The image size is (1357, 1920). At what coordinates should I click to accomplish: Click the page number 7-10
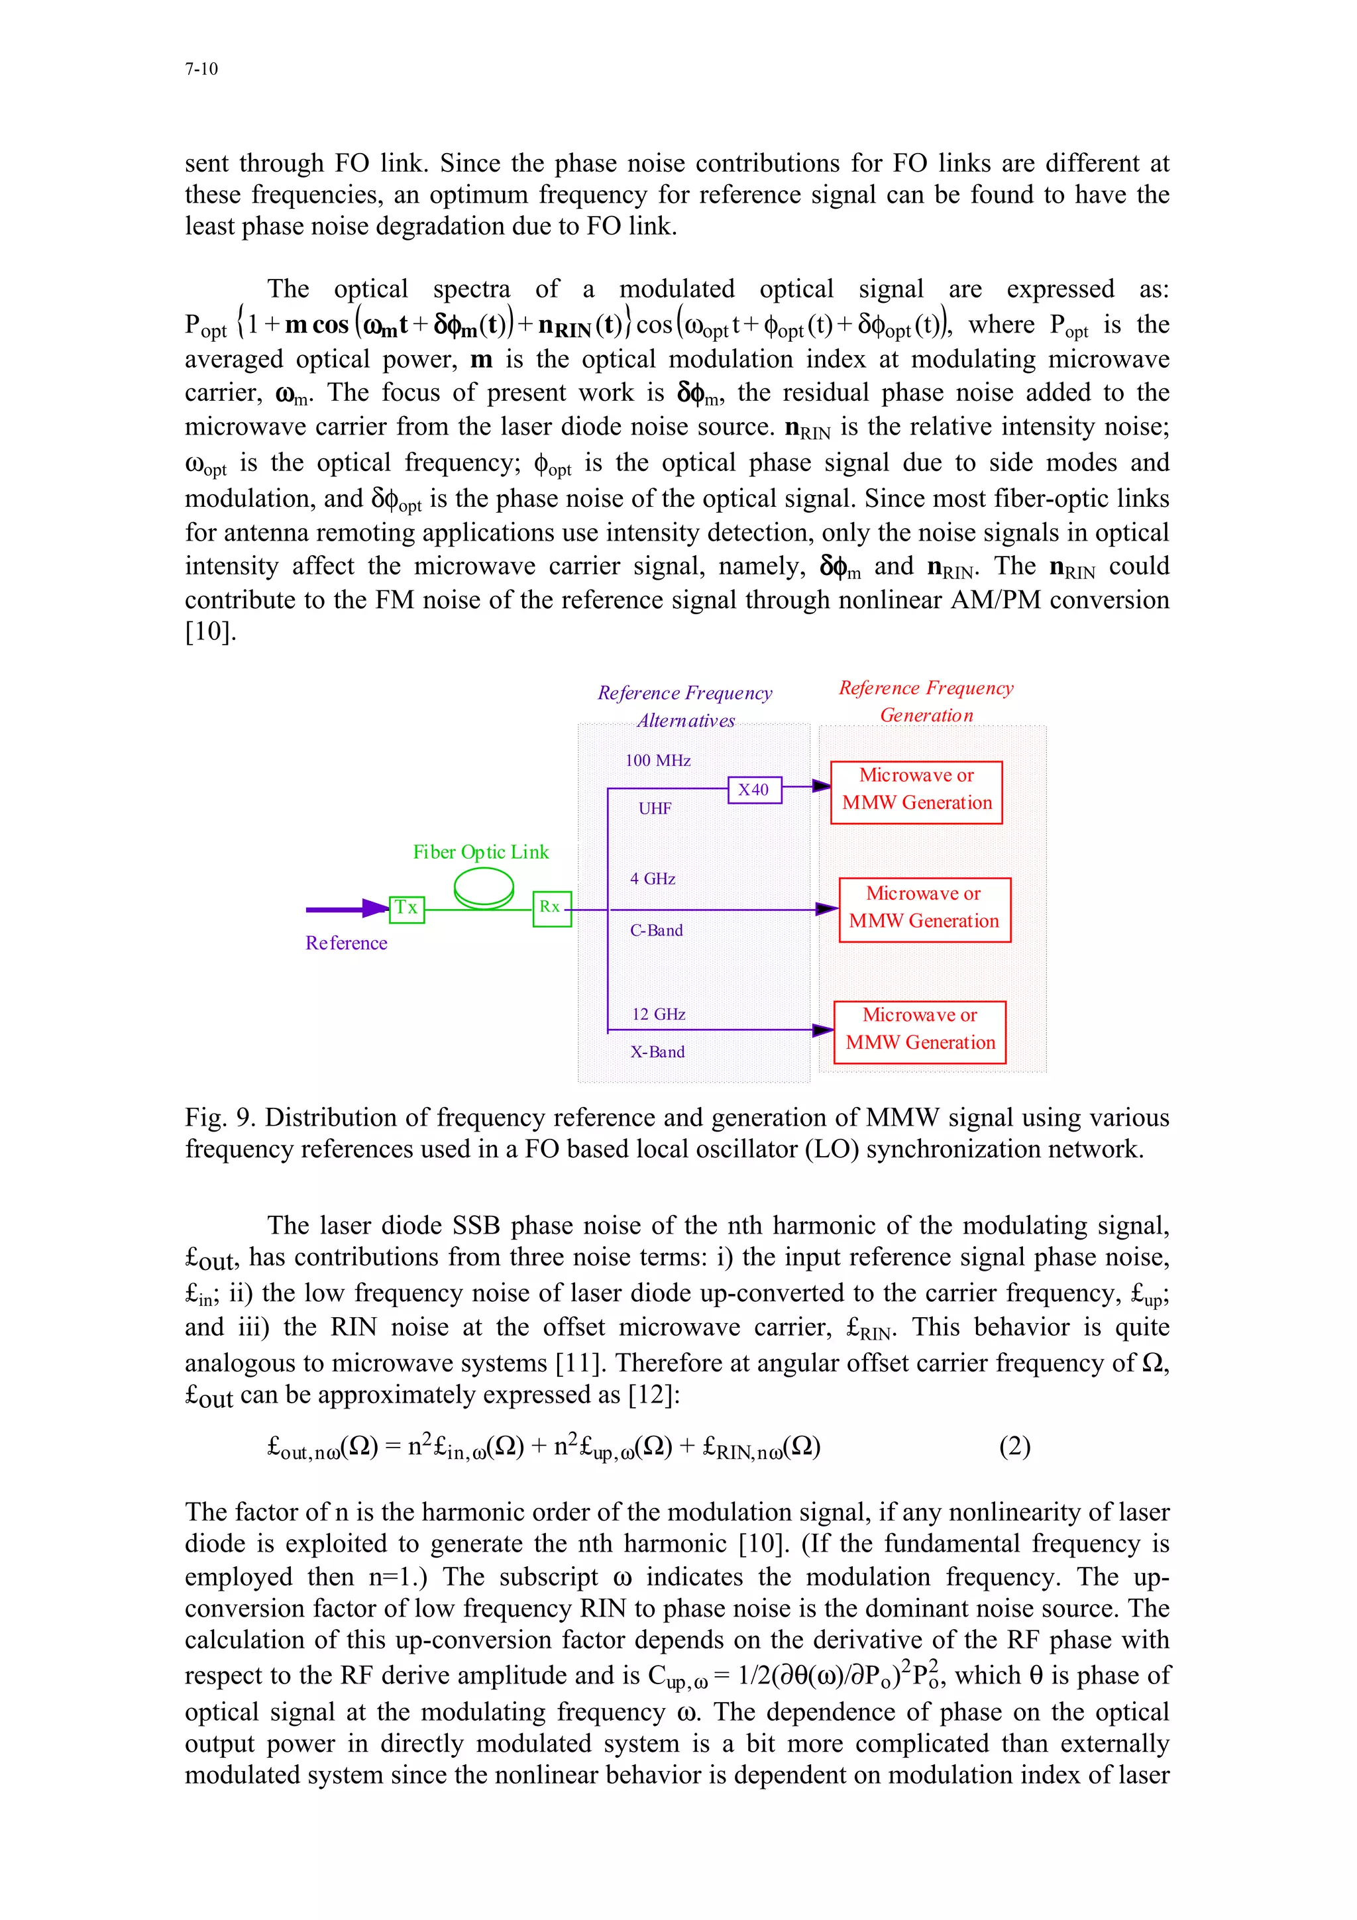click(x=201, y=70)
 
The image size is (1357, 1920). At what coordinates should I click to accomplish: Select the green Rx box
click(x=552, y=908)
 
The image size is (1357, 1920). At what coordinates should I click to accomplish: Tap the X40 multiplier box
click(x=754, y=790)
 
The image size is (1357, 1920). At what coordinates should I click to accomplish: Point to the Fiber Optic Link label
click(x=481, y=852)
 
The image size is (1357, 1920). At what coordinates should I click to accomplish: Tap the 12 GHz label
click(x=659, y=1014)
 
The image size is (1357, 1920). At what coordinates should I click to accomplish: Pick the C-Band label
click(x=657, y=931)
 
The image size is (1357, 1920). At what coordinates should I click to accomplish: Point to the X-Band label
click(x=657, y=1052)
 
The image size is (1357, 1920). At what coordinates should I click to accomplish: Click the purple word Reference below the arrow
click(x=346, y=943)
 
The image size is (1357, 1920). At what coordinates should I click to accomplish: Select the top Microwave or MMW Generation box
click(x=916, y=791)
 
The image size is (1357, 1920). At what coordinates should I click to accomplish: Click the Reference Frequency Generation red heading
click(x=926, y=702)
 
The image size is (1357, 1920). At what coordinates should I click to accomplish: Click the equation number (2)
click(x=1014, y=1446)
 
